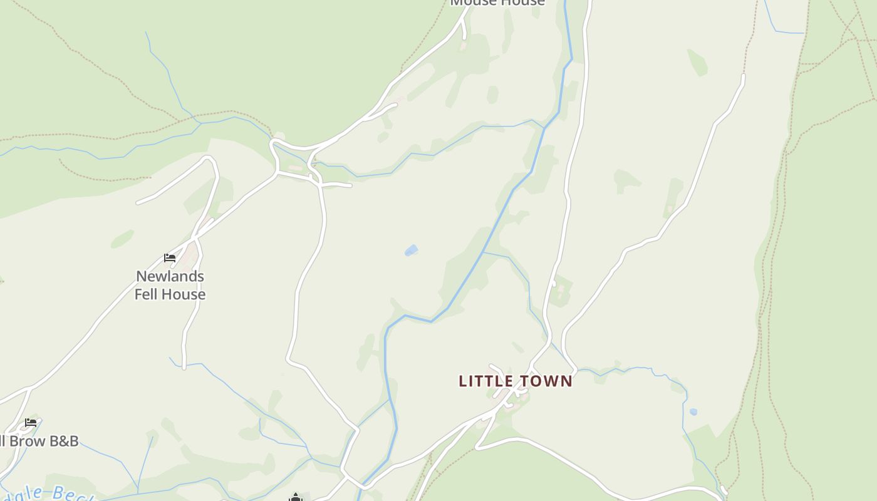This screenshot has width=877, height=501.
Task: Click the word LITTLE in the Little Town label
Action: click(x=487, y=381)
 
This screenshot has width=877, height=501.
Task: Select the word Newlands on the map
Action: click(x=170, y=276)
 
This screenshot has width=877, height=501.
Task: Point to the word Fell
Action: click(x=147, y=294)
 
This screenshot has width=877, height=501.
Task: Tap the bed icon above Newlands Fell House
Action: click(x=169, y=257)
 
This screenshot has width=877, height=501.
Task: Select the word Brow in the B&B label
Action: click(x=26, y=441)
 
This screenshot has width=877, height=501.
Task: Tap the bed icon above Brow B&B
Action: click(x=30, y=423)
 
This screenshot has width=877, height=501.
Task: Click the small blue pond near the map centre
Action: click(x=411, y=250)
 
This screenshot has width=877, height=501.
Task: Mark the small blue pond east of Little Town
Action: click(x=693, y=411)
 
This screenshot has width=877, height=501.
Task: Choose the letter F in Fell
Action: click(x=138, y=294)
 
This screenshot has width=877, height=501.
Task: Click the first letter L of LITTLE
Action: click(x=463, y=381)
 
